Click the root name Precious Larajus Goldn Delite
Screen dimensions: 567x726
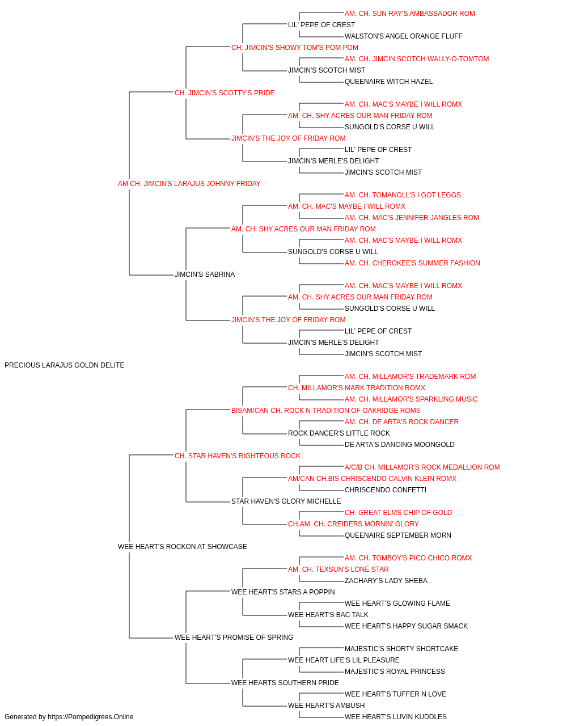tap(65, 365)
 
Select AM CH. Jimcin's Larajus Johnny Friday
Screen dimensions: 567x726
tap(189, 184)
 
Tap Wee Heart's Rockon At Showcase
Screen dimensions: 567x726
tap(183, 547)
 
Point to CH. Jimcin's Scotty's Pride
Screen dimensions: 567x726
tap(225, 93)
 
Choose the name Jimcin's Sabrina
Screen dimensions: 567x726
tap(205, 275)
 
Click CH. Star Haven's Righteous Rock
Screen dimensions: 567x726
tap(238, 456)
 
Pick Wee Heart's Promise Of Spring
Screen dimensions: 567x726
tap(234, 638)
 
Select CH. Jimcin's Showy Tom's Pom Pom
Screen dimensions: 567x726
tap(295, 48)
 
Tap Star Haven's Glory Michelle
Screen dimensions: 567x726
tap(286, 501)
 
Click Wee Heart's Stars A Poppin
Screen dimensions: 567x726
tap(283, 592)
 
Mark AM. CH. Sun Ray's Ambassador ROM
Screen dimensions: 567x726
tap(410, 14)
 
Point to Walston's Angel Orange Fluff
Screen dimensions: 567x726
tap(403, 36)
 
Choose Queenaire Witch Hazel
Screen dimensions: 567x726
tap(389, 82)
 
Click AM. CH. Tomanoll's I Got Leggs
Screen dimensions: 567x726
tap(403, 195)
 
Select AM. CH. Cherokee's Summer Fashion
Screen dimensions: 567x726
tap(412, 263)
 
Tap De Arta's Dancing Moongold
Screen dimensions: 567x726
tap(400, 445)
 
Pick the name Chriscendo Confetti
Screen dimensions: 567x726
tap(386, 490)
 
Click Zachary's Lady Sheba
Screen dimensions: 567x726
tap(386, 581)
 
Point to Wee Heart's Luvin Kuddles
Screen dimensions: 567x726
tap(396, 717)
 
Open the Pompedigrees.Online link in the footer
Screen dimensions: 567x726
tap(91, 717)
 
